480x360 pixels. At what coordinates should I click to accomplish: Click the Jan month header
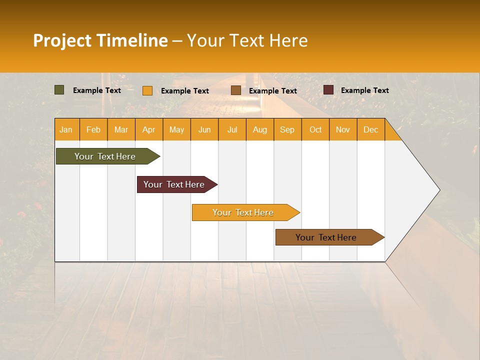[66, 129]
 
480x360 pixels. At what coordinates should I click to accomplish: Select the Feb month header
[93, 129]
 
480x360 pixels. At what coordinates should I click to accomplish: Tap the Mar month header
[121, 129]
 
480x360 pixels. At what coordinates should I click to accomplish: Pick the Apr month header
[149, 129]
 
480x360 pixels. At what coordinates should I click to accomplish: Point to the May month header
[176, 129]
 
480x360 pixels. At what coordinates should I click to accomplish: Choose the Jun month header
[204, 129]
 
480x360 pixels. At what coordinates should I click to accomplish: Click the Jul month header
[232, 129]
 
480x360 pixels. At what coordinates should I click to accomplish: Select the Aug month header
[260, 129]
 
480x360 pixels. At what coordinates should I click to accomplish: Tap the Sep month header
[287, 129]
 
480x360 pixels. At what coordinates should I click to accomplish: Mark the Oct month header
[315, 129]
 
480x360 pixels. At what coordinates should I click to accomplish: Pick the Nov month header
[343, 129]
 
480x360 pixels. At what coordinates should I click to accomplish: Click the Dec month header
[371, 129]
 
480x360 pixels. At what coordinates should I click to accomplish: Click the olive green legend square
[59, 90]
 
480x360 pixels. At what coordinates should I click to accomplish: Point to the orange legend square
[147, 90]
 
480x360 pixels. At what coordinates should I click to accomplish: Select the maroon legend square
[328, 90]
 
